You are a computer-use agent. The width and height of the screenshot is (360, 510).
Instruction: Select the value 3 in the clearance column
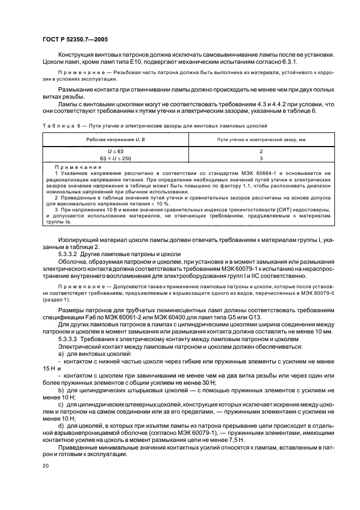click(261, 157)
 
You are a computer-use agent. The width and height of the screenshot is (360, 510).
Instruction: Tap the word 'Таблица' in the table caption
click(56, 125)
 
